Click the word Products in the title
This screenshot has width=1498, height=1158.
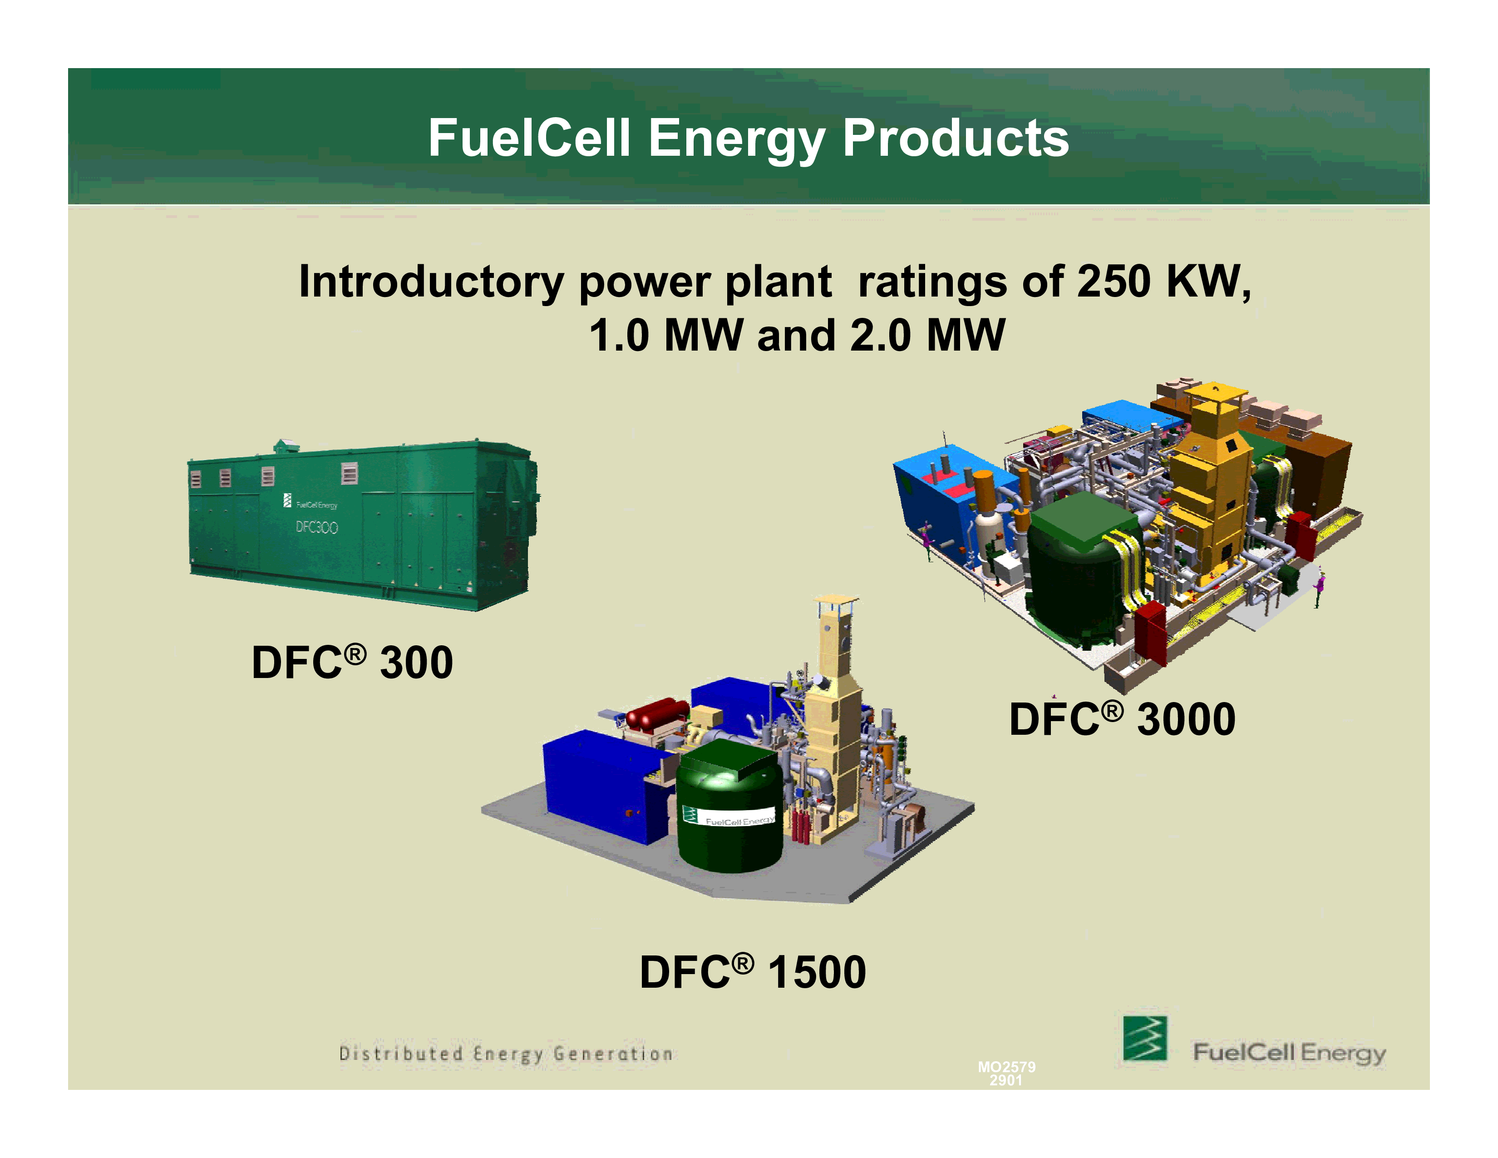(956, 138)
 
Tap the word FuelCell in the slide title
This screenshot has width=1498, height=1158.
(529, 138)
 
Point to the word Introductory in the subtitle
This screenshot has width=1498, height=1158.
(431, 282)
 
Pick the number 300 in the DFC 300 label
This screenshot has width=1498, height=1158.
(416, 663)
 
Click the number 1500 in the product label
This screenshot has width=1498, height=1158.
(817, 972)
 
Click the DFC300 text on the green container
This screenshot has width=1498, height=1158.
(316, 527)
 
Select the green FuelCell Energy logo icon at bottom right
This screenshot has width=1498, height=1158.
(1145, 1038)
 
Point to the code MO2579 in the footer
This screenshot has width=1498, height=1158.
(1007, 1067)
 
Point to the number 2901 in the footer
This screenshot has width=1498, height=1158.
(1005, 1080)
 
